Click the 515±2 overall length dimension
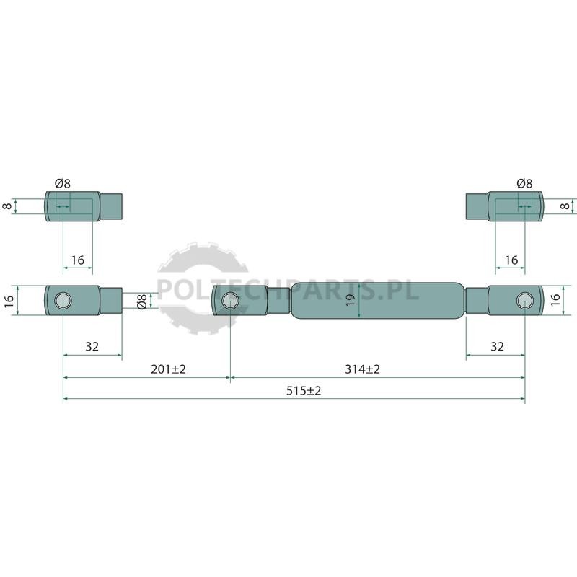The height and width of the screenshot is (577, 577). tap(304, 390)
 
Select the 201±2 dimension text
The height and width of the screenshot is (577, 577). tap(168, 369)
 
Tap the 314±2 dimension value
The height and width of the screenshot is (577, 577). tap(362, 369)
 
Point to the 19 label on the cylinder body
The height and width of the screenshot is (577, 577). tap(351, 300)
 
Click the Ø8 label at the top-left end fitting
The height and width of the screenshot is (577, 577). tap(63, 183)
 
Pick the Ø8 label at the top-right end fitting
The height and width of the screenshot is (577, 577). tap(524, 183)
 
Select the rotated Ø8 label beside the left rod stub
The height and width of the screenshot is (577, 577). tap(142, 301)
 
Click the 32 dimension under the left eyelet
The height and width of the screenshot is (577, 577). tap(92, 347)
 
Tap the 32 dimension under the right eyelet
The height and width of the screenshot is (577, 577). tap(497, 347)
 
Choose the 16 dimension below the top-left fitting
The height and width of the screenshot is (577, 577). tap(78, 260)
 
